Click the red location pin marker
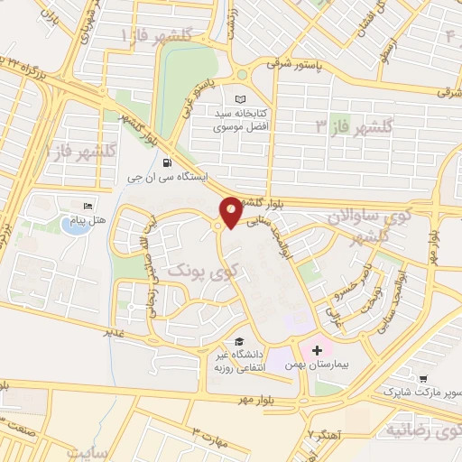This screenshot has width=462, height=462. click(231, 211)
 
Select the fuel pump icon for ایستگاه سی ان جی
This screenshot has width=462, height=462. click(167, 162)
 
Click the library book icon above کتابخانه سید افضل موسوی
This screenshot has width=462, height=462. click(239, 99)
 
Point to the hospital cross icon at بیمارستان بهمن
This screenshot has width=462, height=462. click(318, 349)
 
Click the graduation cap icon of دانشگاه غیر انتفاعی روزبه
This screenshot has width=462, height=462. click(239, 341)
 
